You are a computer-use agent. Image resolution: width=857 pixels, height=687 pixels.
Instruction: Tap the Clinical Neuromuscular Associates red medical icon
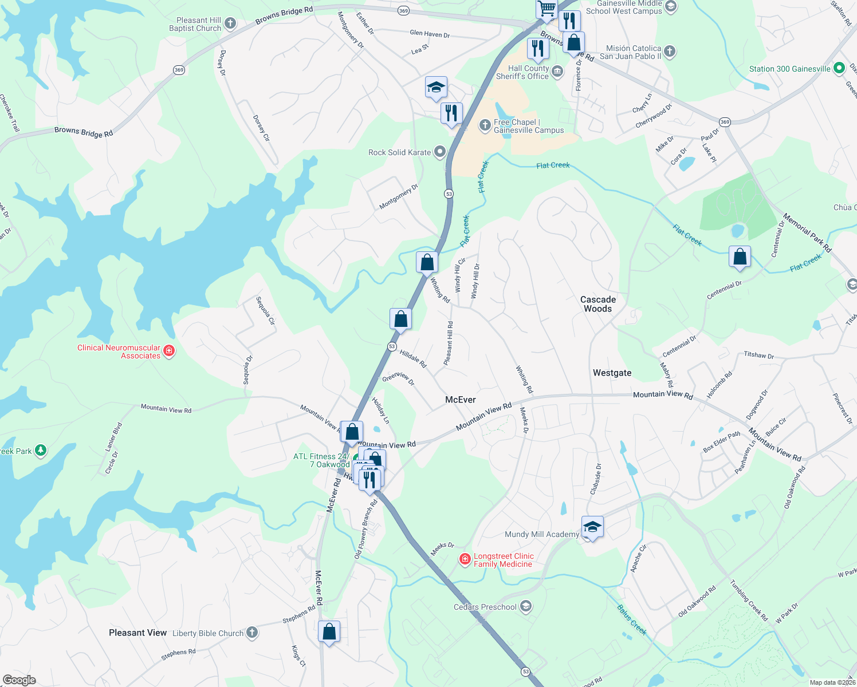coord(169,351)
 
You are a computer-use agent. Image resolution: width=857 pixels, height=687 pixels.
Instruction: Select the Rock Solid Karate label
coord(399,152)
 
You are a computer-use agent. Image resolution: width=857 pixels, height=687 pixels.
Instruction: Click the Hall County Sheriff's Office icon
coord(557,72)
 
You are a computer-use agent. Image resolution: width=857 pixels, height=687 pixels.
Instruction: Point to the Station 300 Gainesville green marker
coord(839,68)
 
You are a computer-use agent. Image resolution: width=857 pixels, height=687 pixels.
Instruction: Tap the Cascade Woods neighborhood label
coord(598,304)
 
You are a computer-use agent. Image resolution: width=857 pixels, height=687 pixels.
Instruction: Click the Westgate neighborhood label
coord(612,373)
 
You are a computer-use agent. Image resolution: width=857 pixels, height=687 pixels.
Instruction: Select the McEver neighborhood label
coord(461,400)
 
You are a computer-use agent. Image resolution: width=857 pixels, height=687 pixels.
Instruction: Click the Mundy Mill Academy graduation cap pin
coord(592,527)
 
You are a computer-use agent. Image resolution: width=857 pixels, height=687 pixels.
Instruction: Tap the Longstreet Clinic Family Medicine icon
coord(465,559)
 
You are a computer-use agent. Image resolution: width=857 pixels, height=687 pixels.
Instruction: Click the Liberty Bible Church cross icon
coord(251,633)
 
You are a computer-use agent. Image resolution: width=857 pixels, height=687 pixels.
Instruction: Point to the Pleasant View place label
coord(137,633)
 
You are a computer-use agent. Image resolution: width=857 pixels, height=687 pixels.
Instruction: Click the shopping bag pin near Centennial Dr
coord(740,256)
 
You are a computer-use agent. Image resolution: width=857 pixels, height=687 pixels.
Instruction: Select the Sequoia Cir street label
coord(265,310)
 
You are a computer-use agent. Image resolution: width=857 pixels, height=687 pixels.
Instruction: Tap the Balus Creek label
coord(632,619)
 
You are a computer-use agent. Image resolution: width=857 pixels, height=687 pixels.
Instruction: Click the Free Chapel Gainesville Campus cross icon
coord(485,125)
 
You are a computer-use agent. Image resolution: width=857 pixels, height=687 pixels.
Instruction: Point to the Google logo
coord(19,680)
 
